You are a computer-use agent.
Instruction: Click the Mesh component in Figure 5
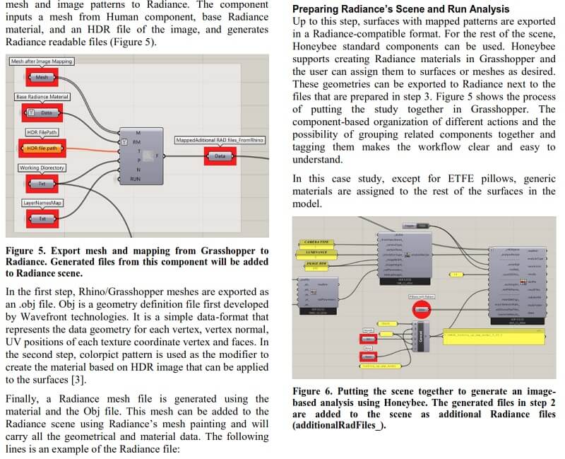coord(42,76)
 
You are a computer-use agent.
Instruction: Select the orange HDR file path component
coord(42,149)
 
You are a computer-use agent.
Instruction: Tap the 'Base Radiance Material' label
coord(42,96)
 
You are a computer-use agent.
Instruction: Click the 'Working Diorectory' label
coord(41,168)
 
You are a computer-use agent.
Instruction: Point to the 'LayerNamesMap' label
coord(40,203)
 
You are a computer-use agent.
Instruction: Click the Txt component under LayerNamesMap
coord(42,219)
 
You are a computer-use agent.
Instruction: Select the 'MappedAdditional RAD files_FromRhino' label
coord(220,141)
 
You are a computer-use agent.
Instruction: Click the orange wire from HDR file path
coord(92,148)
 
